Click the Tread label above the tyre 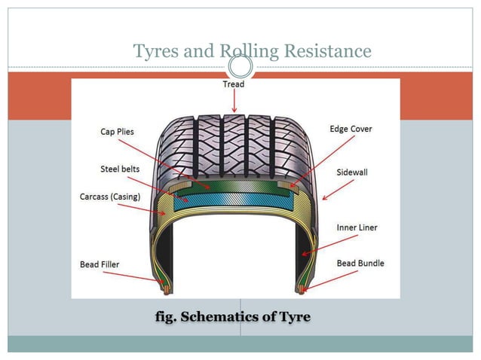point(234,85)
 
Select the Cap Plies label point(117,132)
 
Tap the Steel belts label point(120,169)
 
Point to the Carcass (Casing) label point(110,197)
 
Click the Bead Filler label point(100,264)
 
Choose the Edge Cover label point(351,129)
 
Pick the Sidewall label point(352,172)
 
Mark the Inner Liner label point(357,227)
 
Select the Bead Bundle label point(360,263)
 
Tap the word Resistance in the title point(326,51)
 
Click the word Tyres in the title point(155,51)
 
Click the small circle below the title point(240,67)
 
